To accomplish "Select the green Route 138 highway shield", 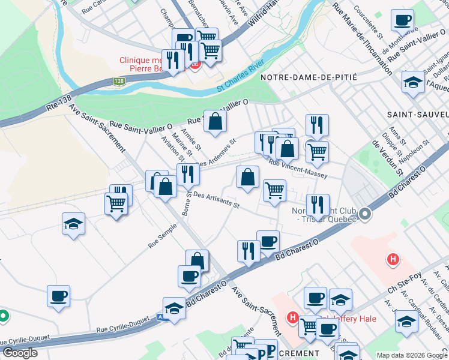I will [x=119, y=81].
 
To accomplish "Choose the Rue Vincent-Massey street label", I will [x=298, y=169].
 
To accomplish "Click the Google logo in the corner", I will [x=20, y=352].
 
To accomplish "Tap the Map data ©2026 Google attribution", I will [x=411, y=355].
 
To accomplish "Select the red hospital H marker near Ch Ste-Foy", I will [x=393, y=259].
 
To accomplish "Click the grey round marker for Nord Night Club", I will [x=364, y=214].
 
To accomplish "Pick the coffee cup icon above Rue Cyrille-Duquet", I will [x=59, y=295].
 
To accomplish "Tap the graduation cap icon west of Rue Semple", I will [x=73, y=223].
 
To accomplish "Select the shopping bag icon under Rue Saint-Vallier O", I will [x=215, y=121].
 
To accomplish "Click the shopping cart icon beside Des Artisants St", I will [x=274, y=191].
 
